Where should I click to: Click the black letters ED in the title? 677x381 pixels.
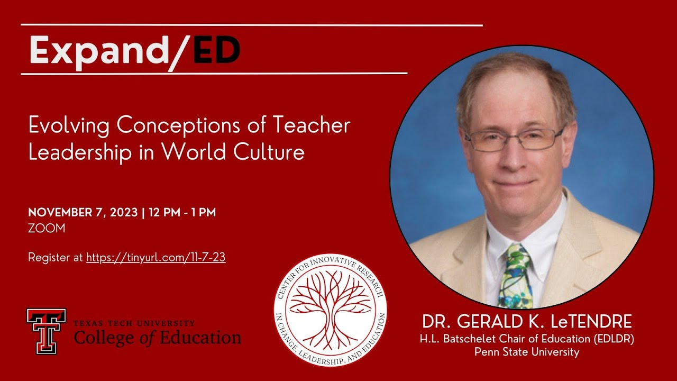point(217,50)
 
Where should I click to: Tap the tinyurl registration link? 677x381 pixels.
point(156,258)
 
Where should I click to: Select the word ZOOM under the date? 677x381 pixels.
point(47,229)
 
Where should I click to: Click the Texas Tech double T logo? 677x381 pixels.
point(47,331)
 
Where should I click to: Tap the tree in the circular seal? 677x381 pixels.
point(330,310)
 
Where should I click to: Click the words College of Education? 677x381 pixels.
point(157,337)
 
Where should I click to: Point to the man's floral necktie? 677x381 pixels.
point(515,275)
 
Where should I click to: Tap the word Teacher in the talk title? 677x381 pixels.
point(312,125)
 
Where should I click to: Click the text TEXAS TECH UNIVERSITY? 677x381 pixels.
point(134,323)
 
